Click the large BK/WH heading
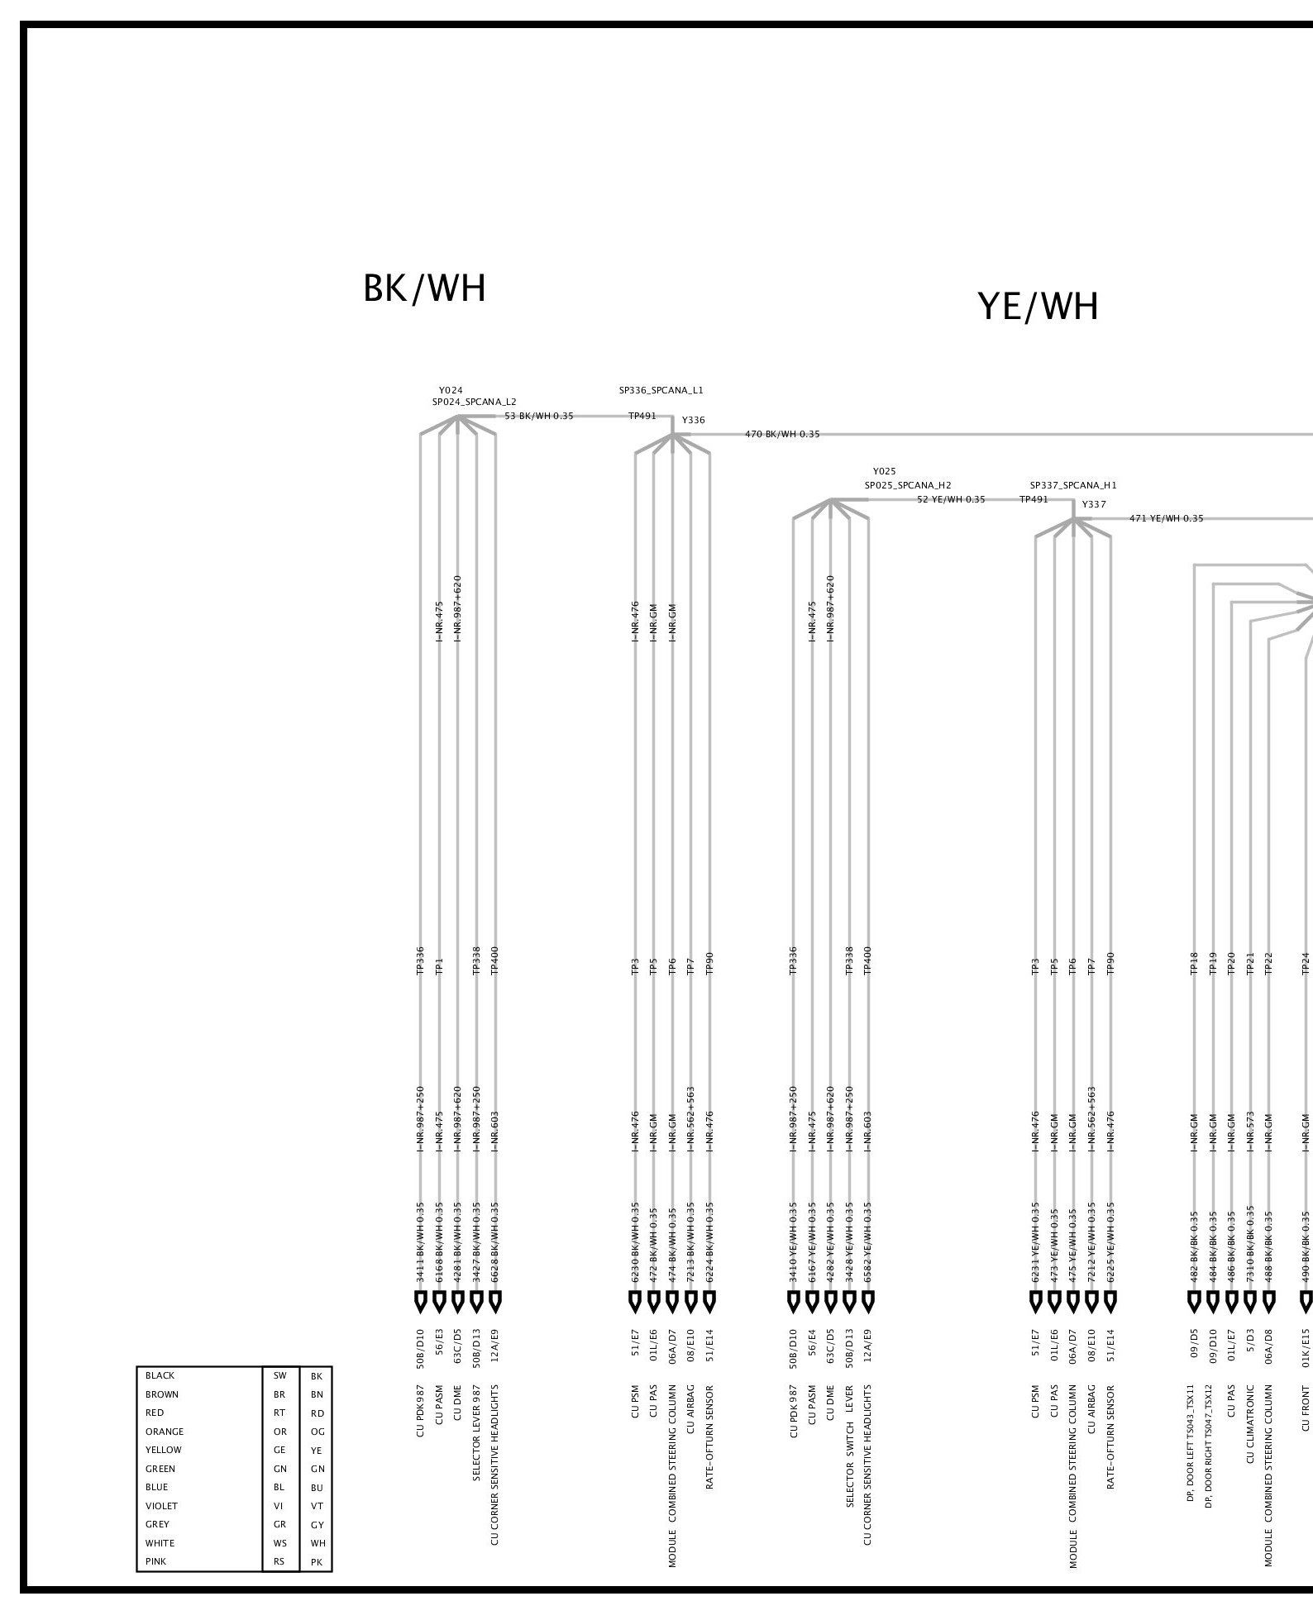424,289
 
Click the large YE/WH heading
1038,307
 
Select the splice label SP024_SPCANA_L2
474,402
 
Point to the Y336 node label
694,420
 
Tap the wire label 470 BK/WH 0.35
782,434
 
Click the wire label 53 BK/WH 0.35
538,416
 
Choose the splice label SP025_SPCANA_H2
908,485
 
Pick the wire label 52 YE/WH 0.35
951,499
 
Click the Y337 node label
1093,504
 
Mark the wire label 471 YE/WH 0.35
1166,518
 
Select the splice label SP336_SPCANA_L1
661,390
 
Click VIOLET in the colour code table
161,1506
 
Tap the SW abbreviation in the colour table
279,1376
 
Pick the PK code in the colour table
316,1561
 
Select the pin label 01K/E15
1306,1345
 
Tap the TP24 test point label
1306,963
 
